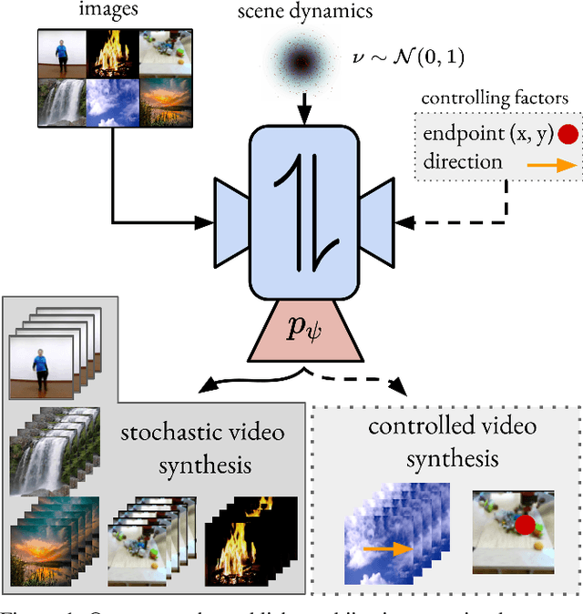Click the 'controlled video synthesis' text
tap(451, 442)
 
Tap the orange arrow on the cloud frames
tap(388, 549)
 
